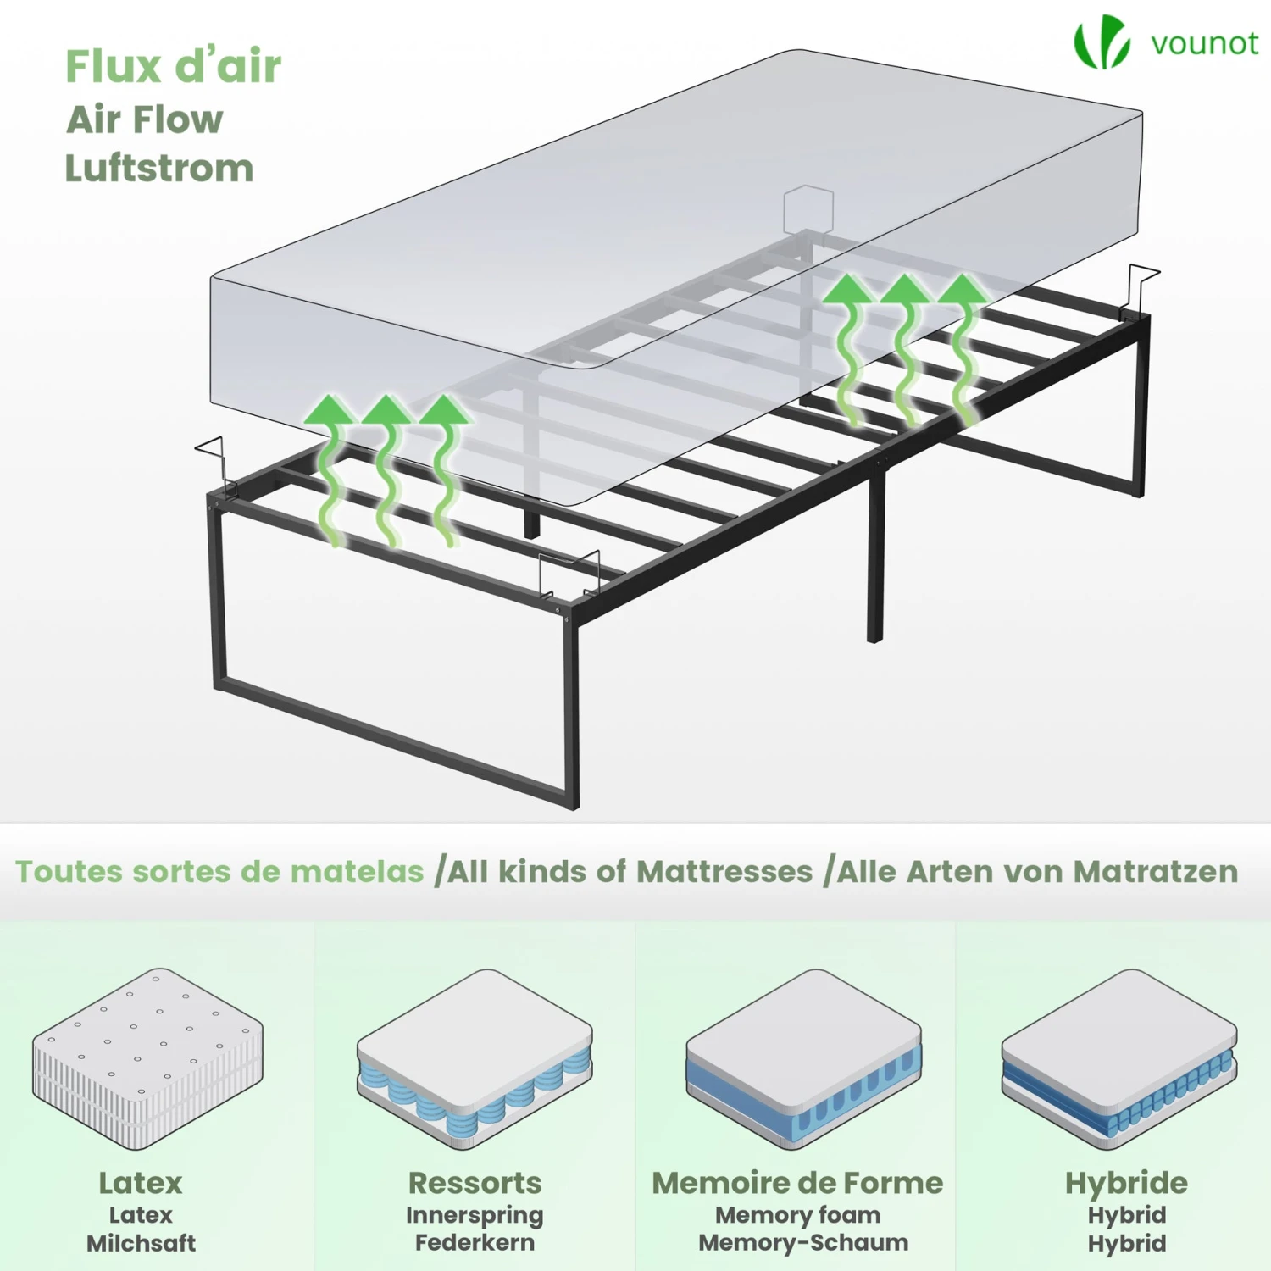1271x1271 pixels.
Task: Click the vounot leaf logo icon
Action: [x=1102, y=41]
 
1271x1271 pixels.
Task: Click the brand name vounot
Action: [x=1204, y=43]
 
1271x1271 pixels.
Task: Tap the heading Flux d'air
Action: [x=173, y=66]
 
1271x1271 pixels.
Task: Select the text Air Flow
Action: [x=145, y=119]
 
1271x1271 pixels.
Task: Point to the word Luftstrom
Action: [x=159, y=168]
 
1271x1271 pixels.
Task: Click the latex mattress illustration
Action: [x=148, y=1058]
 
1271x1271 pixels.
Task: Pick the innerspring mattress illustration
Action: [x=475, y=1059]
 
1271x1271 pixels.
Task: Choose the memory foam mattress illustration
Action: [x=803, y=1059]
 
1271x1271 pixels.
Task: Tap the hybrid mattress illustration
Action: [x=1119, y=1059]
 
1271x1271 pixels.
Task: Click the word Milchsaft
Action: [x=141, y=1243]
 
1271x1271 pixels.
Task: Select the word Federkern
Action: [x=475, y=1242]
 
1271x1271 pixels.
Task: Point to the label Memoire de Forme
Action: [x=797, y=1183]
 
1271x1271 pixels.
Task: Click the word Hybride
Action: [x=1126, y=1184]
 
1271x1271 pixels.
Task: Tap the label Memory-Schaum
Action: [x=803, y=1243]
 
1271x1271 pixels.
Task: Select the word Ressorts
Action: [x=475, y=1183]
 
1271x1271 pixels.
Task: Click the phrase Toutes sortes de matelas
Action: [x=219, y=871]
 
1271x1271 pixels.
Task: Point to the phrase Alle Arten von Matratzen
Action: [x=1038, y=871]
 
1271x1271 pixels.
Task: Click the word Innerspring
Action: [x=475, y=1216]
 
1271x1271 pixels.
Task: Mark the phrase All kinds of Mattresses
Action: [x=630, y=871]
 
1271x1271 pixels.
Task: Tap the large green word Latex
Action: [x=141, y=1183]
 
